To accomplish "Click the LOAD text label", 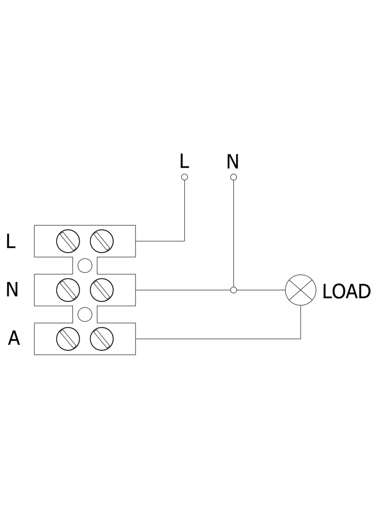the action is click(x=346, y=291).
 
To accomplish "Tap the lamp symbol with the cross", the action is click(x=301, y=290).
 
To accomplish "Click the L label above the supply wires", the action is click(x=185, y=161).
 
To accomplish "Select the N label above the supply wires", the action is click(x=233, y=161).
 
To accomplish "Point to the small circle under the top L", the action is click(x=185, y=177).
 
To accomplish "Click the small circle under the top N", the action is click(x=233, y=177).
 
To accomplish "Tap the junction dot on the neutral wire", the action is click(x=233, y=290).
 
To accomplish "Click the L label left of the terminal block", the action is click(x=11, y=242).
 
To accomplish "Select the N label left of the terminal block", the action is click(x=12, y=290).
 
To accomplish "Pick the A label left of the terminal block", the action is click(x=14, y=338).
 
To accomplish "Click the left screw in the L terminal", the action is click(x=68, y=241).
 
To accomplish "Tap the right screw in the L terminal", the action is click(x=101, y=241).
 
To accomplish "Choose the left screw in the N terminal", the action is click(x=68, y=290).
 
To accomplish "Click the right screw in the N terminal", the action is click(x=101, y=290).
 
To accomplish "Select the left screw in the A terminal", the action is click(x=68, y=339).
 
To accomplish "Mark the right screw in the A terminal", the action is click(x=101, y=339).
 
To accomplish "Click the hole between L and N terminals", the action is click(x=85, y=265).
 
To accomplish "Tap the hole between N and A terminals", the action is click(x=85, y=314).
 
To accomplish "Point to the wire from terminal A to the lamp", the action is click(x=218, y=339).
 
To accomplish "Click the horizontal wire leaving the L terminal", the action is click(x=160, y=241).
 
